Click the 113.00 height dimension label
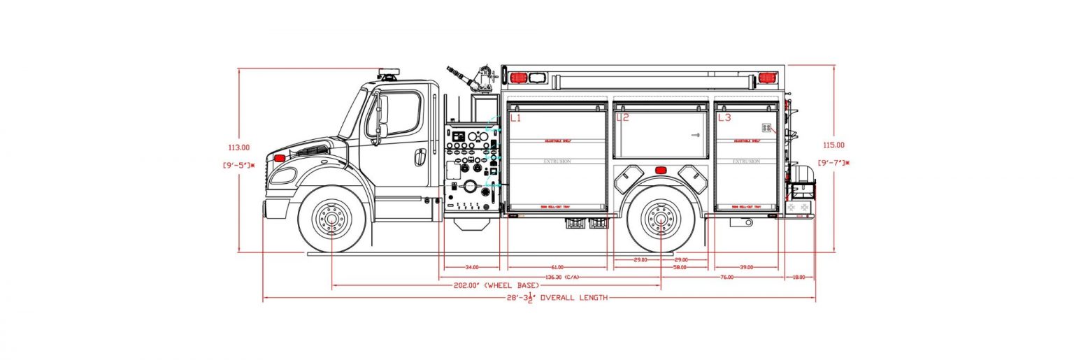tap(239, 147)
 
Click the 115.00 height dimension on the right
tap(834, 145)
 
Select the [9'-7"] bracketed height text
tap(835, 163)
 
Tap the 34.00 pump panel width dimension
tap(472, 267)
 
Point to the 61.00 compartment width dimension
tap(557, 267)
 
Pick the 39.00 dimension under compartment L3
tap(747, 267)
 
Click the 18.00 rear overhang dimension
tap(799, 278)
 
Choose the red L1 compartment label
tap(515, 118)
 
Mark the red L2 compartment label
tap(622, 118)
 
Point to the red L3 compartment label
tap(724, 118)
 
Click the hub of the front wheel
tap(333, 219)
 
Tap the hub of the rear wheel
tap(661, 219)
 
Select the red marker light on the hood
tap(280, 158)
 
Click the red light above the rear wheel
tap(660, 171)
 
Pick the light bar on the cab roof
tap(389, 73)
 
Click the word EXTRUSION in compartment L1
tap(557, 161)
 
